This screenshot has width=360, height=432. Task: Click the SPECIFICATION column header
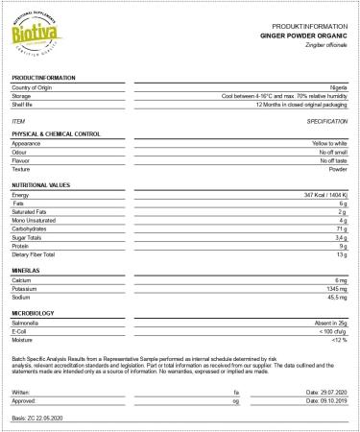tap(326, 122)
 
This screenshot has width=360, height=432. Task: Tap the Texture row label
tap(23, 169)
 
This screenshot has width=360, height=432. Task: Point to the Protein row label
tap(23, 246)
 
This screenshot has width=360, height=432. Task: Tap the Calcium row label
tap(23, 279)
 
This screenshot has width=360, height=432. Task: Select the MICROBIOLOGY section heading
tap(38, 313)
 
